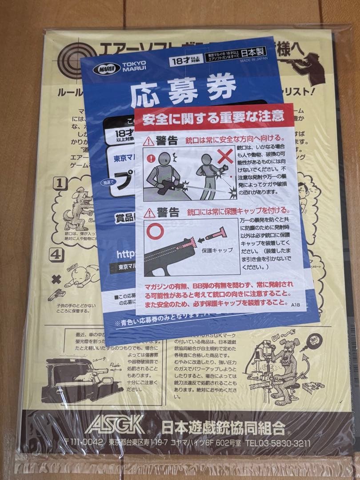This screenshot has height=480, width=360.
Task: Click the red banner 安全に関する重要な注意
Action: point(213,117)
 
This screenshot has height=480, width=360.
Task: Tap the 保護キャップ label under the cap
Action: point(217,250)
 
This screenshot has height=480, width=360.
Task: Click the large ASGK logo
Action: point(114,425)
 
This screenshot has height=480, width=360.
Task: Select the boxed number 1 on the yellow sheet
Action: point(61,183)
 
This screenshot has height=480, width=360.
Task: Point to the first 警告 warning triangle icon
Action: point(149,141)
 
